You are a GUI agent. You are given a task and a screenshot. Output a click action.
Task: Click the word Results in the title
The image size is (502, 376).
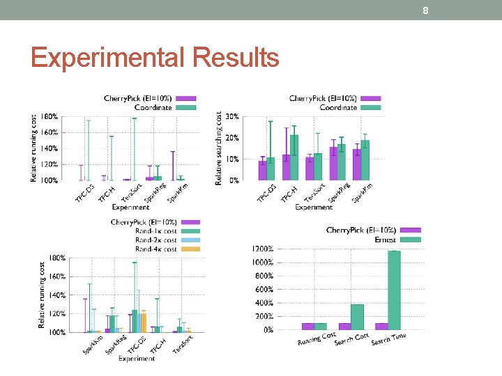pos(237,57)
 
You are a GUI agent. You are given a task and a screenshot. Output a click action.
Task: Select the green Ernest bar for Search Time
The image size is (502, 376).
pos(394,290)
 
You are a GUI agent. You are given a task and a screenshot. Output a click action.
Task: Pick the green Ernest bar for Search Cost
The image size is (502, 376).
pos(357,317)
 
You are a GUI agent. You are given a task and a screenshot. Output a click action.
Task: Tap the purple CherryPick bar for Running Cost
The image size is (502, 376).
pos(307,326)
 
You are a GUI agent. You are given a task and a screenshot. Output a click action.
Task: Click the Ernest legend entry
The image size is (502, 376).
pos(385,240)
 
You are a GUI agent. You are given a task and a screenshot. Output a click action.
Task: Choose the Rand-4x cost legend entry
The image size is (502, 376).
pos(156,249)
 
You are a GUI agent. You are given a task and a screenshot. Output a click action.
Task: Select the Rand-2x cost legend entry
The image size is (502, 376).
pos(156,240)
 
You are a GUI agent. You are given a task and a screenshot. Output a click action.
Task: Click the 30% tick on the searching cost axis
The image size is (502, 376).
pos(231,116)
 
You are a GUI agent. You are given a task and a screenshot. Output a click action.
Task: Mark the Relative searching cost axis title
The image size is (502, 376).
pos(219,148)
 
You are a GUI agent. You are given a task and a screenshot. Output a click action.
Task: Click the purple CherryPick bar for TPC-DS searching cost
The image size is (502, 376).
pos(262,171)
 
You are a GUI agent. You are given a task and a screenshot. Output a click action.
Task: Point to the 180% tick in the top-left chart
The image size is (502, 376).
pos(50,116)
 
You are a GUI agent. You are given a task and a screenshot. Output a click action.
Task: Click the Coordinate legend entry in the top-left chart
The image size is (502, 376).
pos(162,107)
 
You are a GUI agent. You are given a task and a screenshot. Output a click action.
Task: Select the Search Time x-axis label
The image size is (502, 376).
pos(388,339)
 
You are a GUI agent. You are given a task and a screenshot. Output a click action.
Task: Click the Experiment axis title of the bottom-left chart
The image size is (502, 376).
pos(137,359)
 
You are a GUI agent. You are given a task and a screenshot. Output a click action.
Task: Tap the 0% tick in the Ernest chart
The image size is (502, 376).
pos(268,330)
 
